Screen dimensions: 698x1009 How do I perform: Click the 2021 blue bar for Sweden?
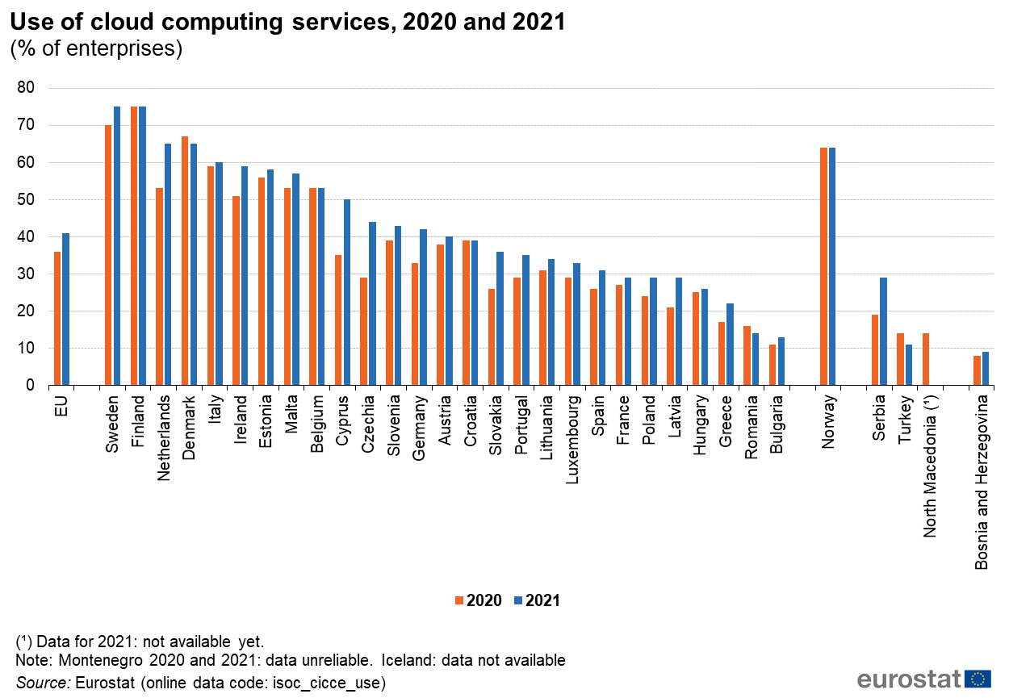pos(117,246)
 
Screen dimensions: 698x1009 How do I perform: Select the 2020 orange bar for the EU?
pos(58,319)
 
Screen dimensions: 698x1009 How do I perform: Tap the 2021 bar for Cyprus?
pos(347,292)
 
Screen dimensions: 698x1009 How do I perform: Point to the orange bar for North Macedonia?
pos(926,359)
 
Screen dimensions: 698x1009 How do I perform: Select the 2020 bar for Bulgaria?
pos(772,365)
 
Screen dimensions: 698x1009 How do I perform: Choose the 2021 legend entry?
pos(536,600)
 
